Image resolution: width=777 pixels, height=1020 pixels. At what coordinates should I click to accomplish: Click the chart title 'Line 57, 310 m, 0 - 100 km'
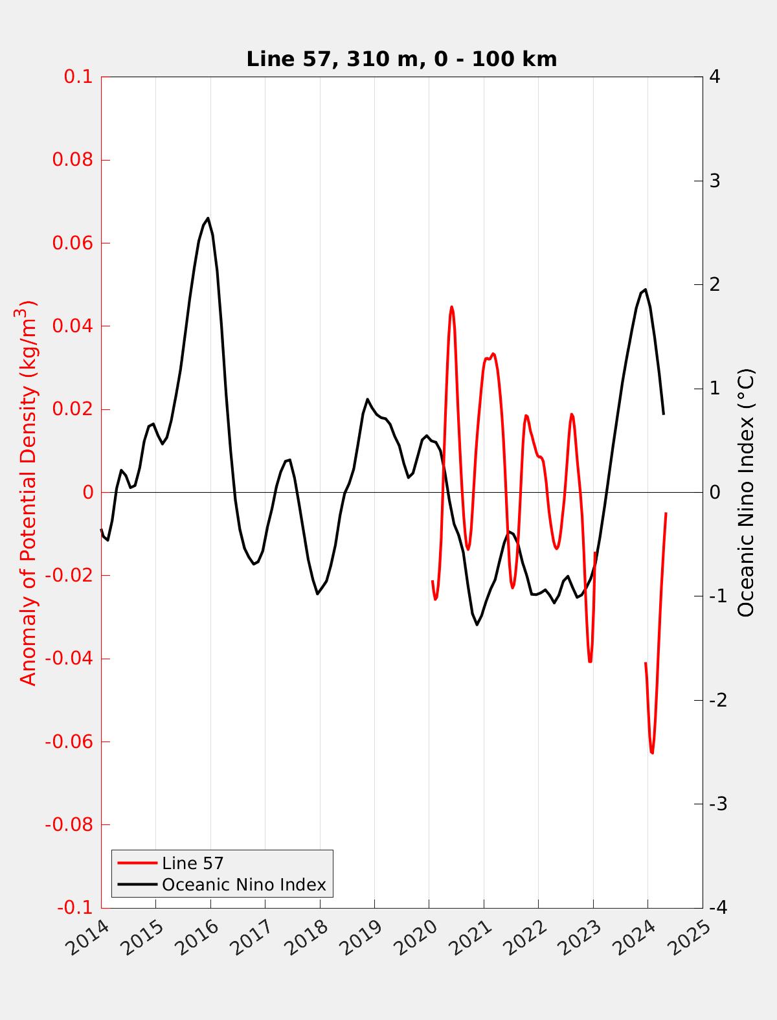click(x=401, y=60)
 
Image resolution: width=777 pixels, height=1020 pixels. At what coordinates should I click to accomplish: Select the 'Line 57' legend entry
click(x=192, y=863)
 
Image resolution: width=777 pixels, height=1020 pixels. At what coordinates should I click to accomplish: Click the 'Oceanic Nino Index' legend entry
click(x=243, y=885)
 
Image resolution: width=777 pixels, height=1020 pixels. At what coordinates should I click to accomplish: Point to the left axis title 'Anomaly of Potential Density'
click(x=28, y=492)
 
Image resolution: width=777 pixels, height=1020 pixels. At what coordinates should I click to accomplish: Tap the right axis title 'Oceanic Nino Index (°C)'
click(x=746, y=492)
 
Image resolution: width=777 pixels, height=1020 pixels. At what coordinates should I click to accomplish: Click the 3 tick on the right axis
click(x=715, y=181)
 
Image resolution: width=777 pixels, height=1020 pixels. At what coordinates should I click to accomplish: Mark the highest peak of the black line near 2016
click(x=208, y=218)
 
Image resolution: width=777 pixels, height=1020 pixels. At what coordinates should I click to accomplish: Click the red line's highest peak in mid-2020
click(x=451, y=307)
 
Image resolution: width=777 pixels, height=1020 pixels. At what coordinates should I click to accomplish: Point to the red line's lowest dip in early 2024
click(x=652, y=753)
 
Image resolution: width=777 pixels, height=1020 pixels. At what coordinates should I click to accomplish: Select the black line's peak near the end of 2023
click(x=645, y=289)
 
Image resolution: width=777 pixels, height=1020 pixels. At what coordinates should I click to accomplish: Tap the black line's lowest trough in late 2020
click(x=477, y=624)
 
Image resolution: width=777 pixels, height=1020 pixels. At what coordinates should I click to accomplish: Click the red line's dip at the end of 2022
click(x=590, y=661)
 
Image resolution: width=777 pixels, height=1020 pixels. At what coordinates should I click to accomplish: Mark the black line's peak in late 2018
click(x=367, y=399)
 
